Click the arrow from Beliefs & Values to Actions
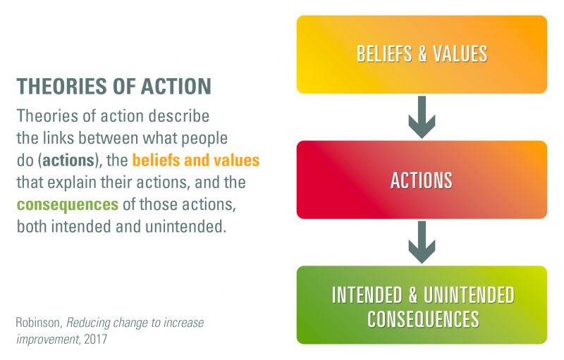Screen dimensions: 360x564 422,116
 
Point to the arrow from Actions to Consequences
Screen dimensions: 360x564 422,242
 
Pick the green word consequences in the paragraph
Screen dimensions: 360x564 67,205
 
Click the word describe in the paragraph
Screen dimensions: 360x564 183,115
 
